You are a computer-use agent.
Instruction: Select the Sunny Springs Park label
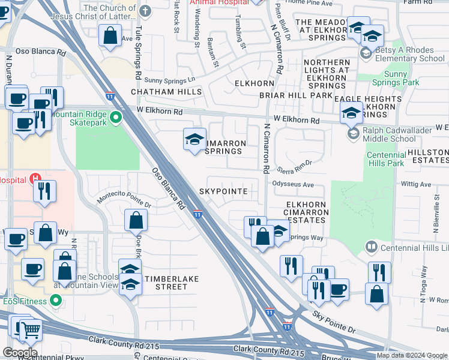402,78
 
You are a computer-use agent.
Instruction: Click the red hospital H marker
35,178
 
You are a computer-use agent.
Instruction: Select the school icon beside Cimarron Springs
194,140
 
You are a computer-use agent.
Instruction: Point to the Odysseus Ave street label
293,185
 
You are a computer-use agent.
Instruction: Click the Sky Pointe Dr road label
334,322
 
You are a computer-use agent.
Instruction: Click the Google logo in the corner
20,353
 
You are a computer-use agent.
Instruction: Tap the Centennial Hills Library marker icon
372,247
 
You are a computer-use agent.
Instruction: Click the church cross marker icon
145,11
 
